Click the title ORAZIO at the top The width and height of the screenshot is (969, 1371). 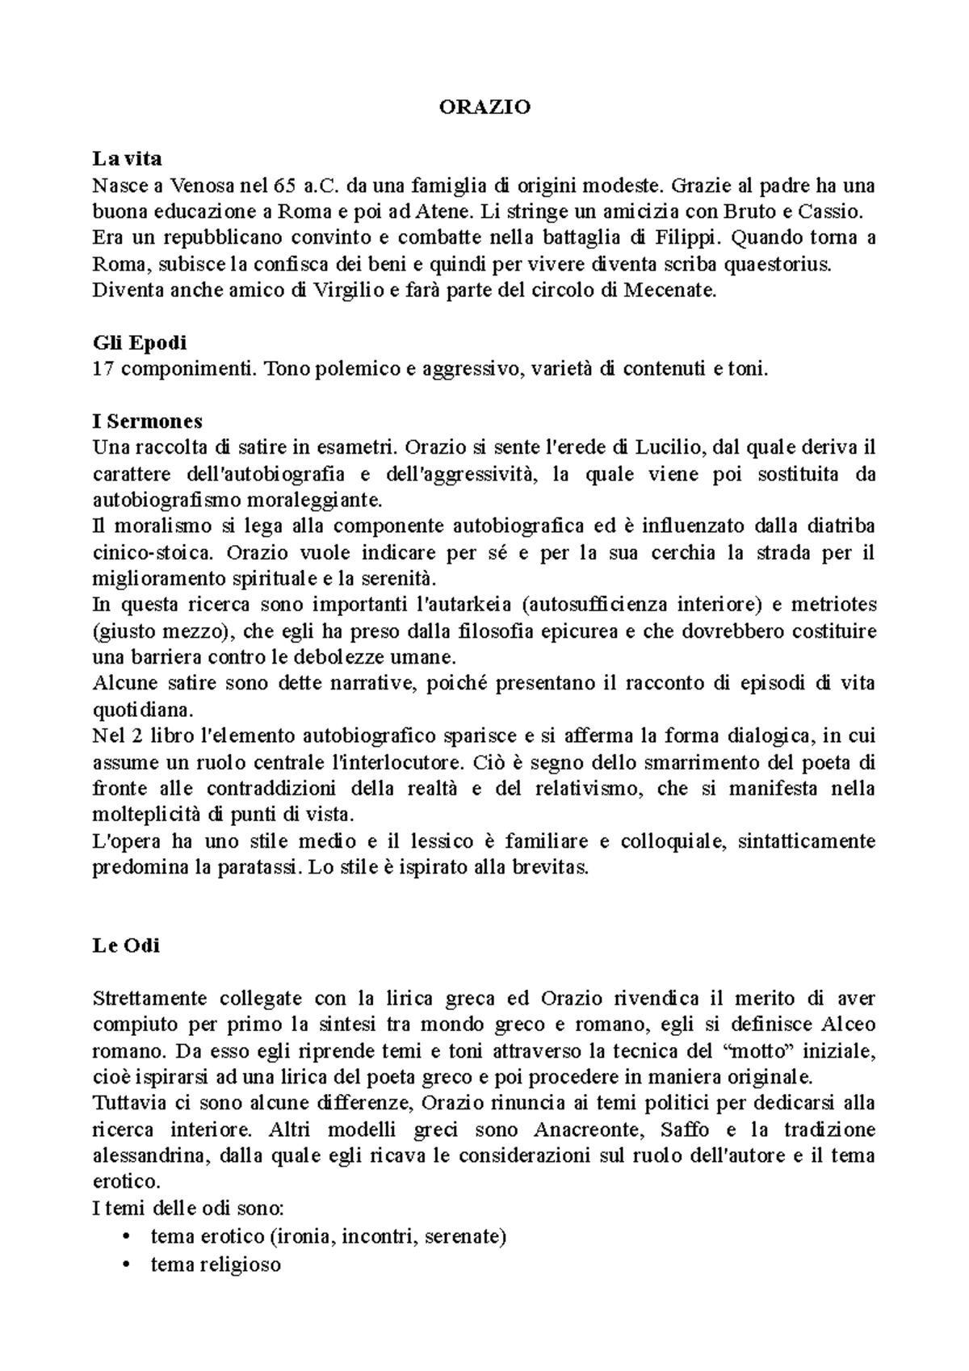click(484, 107)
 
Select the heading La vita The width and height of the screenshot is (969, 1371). click(128, 160)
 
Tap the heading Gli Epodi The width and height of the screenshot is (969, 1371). click(140, 342)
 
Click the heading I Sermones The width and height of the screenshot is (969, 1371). click(147, 421)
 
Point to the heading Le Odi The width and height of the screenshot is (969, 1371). click(126, 945)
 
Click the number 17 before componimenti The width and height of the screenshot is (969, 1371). click(103, 369)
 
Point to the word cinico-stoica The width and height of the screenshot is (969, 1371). click(155, 553)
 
